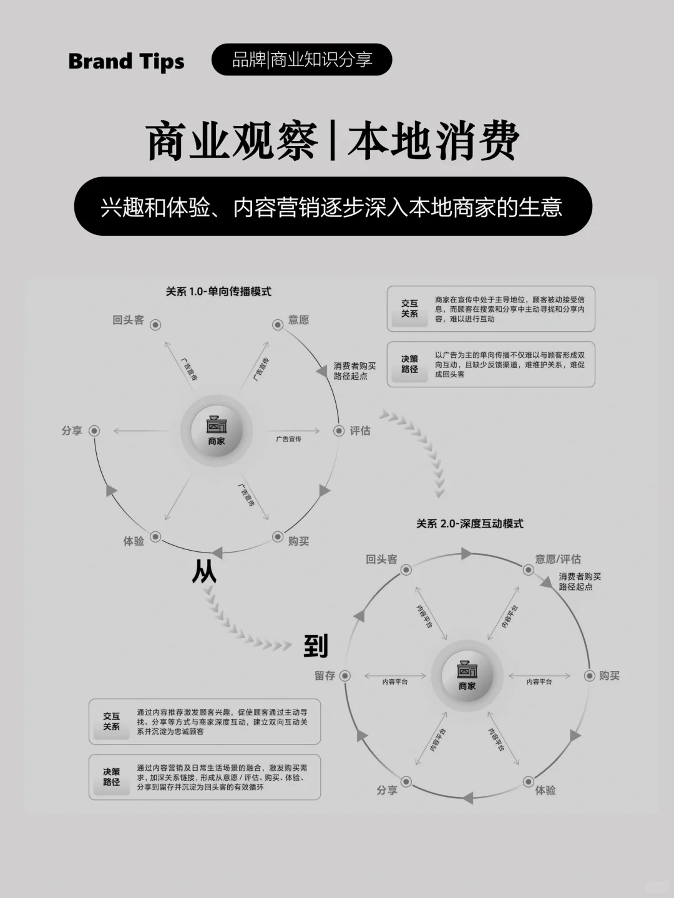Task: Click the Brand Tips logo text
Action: (x=126, y=61)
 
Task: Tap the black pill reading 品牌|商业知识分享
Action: (x=302, y=59)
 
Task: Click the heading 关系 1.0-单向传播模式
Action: (x=218, y=291)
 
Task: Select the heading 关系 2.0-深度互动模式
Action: (x=469, y=524)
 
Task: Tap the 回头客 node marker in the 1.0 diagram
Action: (x=155, y=324)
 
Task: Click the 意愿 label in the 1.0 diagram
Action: (x=298, y=320)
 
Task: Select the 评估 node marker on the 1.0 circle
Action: (x=338, y=431)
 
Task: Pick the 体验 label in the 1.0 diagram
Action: (x=134, y=541)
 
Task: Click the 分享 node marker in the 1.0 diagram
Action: (x=94, y=431)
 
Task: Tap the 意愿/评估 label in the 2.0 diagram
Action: (x=557, y=559)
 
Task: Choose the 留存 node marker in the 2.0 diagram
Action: (x=344, y=675)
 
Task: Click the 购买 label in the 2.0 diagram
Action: (x=609, y=675)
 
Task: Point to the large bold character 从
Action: (x=204, y=571)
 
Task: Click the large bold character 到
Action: (x=316, y=646)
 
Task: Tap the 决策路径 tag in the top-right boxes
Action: (x=409, y=364)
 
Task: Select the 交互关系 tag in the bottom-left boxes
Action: (x=111, y=722)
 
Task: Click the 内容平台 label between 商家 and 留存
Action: (x=394, y=682)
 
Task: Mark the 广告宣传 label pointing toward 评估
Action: (x=288, y=439)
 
